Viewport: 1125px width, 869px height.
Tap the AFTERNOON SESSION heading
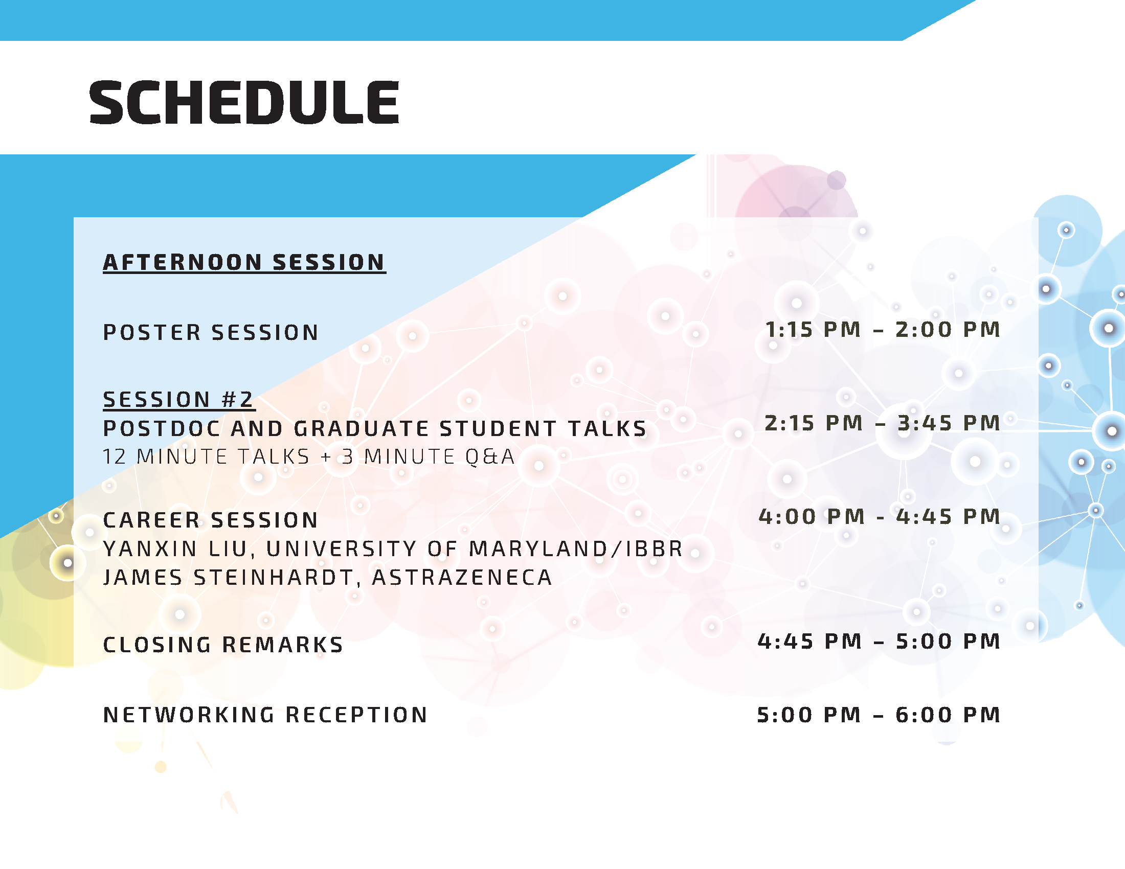(244, 263)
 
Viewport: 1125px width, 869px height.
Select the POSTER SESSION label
(211, 333)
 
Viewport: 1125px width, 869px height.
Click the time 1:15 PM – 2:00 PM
(883, 330)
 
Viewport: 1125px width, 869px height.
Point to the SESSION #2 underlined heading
(178, 400)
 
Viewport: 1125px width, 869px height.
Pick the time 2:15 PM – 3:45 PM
(883, 423)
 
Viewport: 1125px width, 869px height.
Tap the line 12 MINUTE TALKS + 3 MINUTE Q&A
(308, 456)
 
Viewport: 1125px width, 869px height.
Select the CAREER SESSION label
(211, 520)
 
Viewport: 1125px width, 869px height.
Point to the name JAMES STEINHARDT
(229, 578)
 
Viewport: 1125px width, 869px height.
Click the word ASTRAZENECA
(462, 578)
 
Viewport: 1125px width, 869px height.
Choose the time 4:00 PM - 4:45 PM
(880, 517)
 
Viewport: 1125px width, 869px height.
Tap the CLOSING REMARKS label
(223, 645)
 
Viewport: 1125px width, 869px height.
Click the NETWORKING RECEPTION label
(265, 715)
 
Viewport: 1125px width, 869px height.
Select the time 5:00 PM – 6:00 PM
(879, 715)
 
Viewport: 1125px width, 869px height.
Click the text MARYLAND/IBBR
(576, 549)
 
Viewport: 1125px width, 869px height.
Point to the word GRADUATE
(361, 429)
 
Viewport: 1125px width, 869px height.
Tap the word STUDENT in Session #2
(498, 429)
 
